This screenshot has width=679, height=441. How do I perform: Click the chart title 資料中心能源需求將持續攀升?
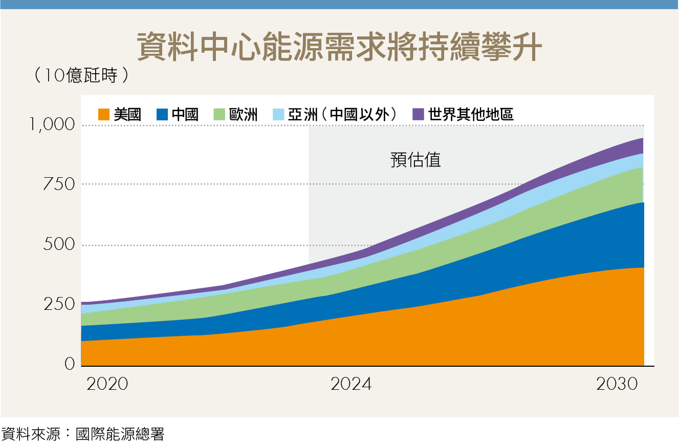pyautogui.click(x=339, y=48)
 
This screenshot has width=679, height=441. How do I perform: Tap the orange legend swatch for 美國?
pyautogui.click(x=104, y=114)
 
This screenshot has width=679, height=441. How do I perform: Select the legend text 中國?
pyautogui.click(x=185, y=114)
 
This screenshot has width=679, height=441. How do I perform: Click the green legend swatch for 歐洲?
pyautogui.click(x=220, y=114)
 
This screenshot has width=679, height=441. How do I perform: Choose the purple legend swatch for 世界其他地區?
pyautogui.click(x=419, y=114)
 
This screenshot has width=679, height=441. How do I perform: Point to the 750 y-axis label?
pyautogui.click(x=58, y=184)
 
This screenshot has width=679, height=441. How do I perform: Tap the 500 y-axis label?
pyautogui.click(x=58, y=245)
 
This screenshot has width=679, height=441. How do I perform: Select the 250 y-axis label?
pyautogui.click(x=58, y=304)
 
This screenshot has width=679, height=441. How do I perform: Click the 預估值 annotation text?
pyautogui.click(x=415, y=160)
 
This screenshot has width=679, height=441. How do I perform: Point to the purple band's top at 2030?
pyautogui.click(x=642, y=139)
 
